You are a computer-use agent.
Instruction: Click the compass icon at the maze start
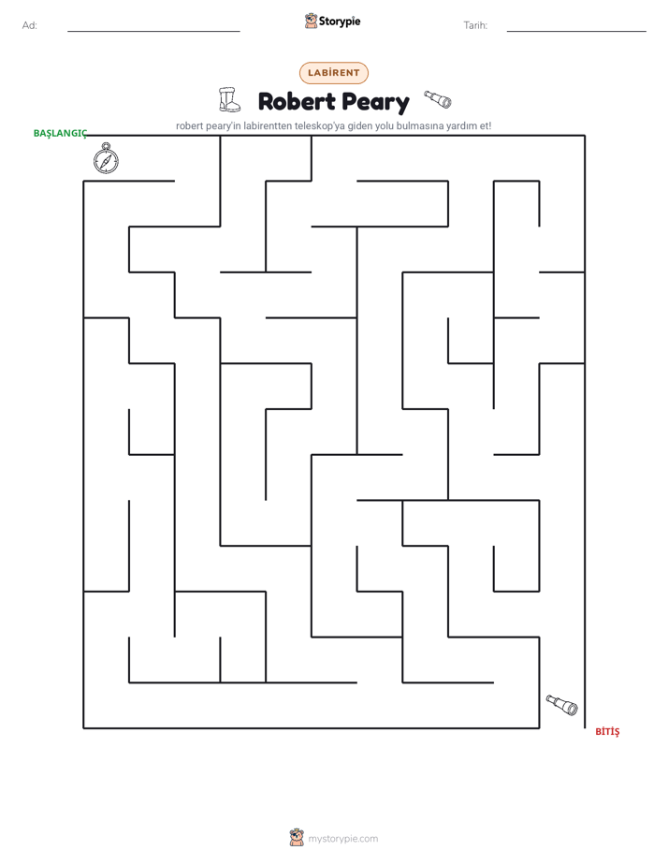pyautogui.click(x=106, y=158)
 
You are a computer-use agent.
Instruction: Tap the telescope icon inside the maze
pyautogui.click(x=561, y=705)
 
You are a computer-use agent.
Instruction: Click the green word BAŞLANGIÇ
pyautogui.click(x=60, y=134)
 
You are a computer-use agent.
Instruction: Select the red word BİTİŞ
pyautogui.click(x=607, y=731)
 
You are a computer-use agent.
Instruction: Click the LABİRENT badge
pyautogui.click(x=333, y=73)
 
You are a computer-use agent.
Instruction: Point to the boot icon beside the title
pyautogui.click(x=229, y=100)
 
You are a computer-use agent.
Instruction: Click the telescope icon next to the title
pyautogui.click(x=438, y=99)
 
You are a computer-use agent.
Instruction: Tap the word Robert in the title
pyautogui.click(x=297, y=101)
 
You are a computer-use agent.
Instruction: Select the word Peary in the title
pyautogui.click(x=375, y=103)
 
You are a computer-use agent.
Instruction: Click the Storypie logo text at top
pyautogui.click(x=340, y=22)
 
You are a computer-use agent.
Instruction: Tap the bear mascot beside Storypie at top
pyautogui.click(x=311, y=21)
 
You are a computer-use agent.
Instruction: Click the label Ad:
pyautogui.click(x=30, y=25)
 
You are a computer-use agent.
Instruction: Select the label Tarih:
pyautogui.click(x=475, y=25)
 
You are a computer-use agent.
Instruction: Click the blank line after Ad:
pyautogui.click(x=153, y=31)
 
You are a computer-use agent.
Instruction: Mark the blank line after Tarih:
pyautogui.click(x=576, y=31)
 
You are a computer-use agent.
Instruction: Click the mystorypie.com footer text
pyautogui.click(x=342, y=839)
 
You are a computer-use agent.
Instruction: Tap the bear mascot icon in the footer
pyautogui.click(x=297, y=838)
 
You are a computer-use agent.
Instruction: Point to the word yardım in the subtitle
pyautogui.click(x=462, y=125)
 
